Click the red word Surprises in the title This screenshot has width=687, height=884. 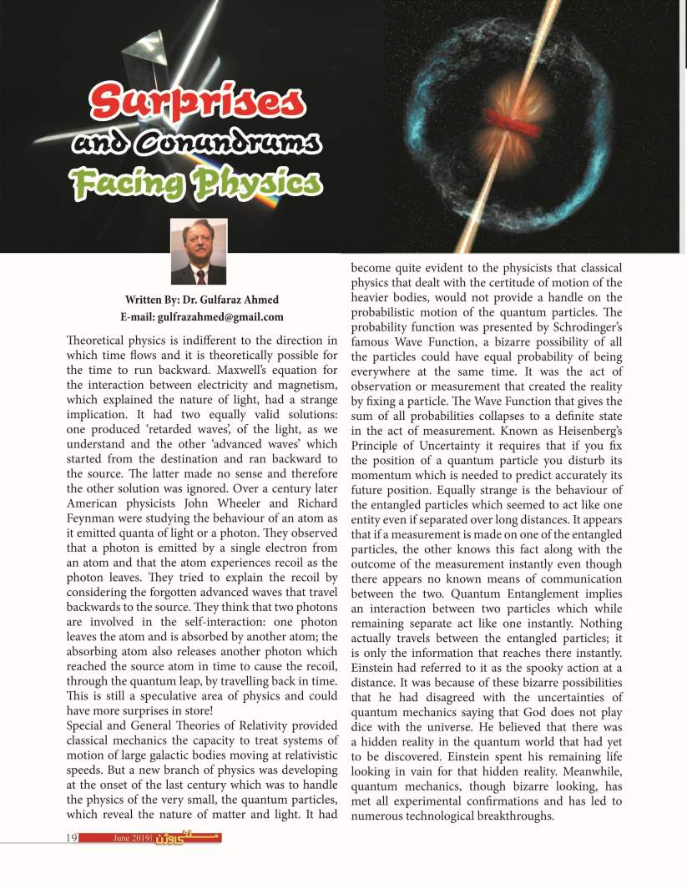tap(197, 101)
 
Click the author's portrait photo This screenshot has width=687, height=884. tap(199, 252)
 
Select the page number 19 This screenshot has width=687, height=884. tap(72, 837)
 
